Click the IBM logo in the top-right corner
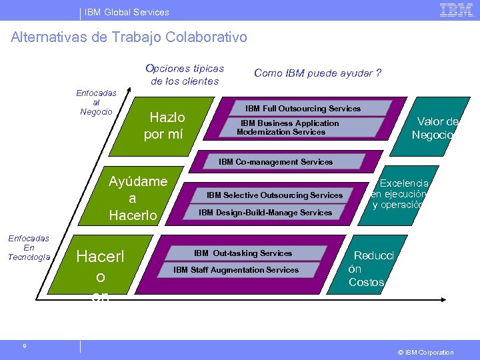click(x=456, y=10)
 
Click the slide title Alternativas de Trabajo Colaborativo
click(x=129, y=37)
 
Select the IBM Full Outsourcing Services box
click(x=303, y=109)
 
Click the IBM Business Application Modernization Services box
click(x=289, y=127)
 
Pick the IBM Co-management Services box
click(x=275, y=162)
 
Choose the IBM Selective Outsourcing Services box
click(x=274, y=195)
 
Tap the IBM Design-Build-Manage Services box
click(x=265, y=213)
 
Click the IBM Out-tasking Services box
click(x=243, y=253)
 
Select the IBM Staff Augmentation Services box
click(x=236, y=270)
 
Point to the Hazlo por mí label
click(x=164, y=126)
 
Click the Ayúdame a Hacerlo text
click(x=133, y=198)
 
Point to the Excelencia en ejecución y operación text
click(x=400, y=194)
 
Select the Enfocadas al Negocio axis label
click(x=97, y=103)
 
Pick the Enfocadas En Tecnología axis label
click(x=29, y=247)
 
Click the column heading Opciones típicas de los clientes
click(x=185, y=75)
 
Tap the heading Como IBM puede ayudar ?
click(x=317, y=73)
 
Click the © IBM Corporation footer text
click(x=425, y=352)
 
